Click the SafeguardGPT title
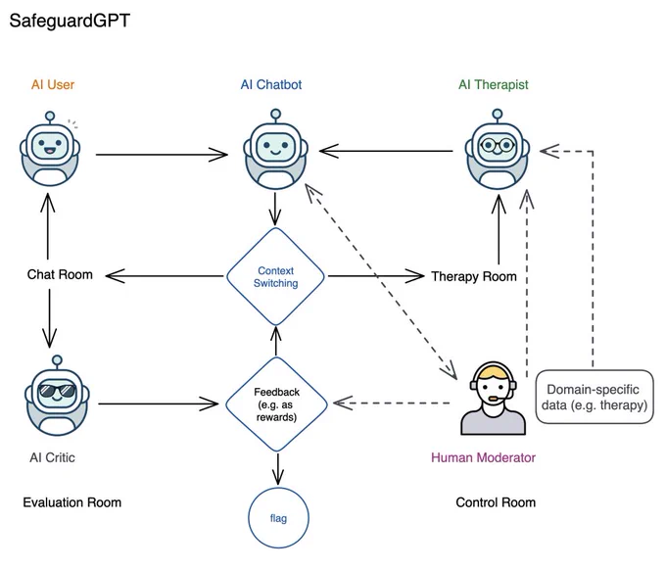(x=70, y=21)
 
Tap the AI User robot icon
(x=50, y=149)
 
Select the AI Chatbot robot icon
(x=275, y=149)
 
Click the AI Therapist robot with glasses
(x=497, y=149)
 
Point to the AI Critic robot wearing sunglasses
(x=57, y=396)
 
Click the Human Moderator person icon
(x=493, y=399)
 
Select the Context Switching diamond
(x=275, y=276)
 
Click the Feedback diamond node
(x=276, y=404)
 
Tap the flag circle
(x=278, y=518)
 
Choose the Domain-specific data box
(x=595, y=397)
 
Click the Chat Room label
(x=60, y=274)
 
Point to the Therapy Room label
(x=474, y=276)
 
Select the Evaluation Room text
(x=72, y=502)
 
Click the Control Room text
(x=496, y=502)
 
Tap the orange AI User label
(x=53, y=84)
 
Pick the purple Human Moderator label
(x=484, y=457)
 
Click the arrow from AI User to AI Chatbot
(x=162, y=155)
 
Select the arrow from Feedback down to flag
(x=278, y=469)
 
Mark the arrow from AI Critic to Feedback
(x=159, y=404)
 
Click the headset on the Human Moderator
(x=493, y=381)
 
